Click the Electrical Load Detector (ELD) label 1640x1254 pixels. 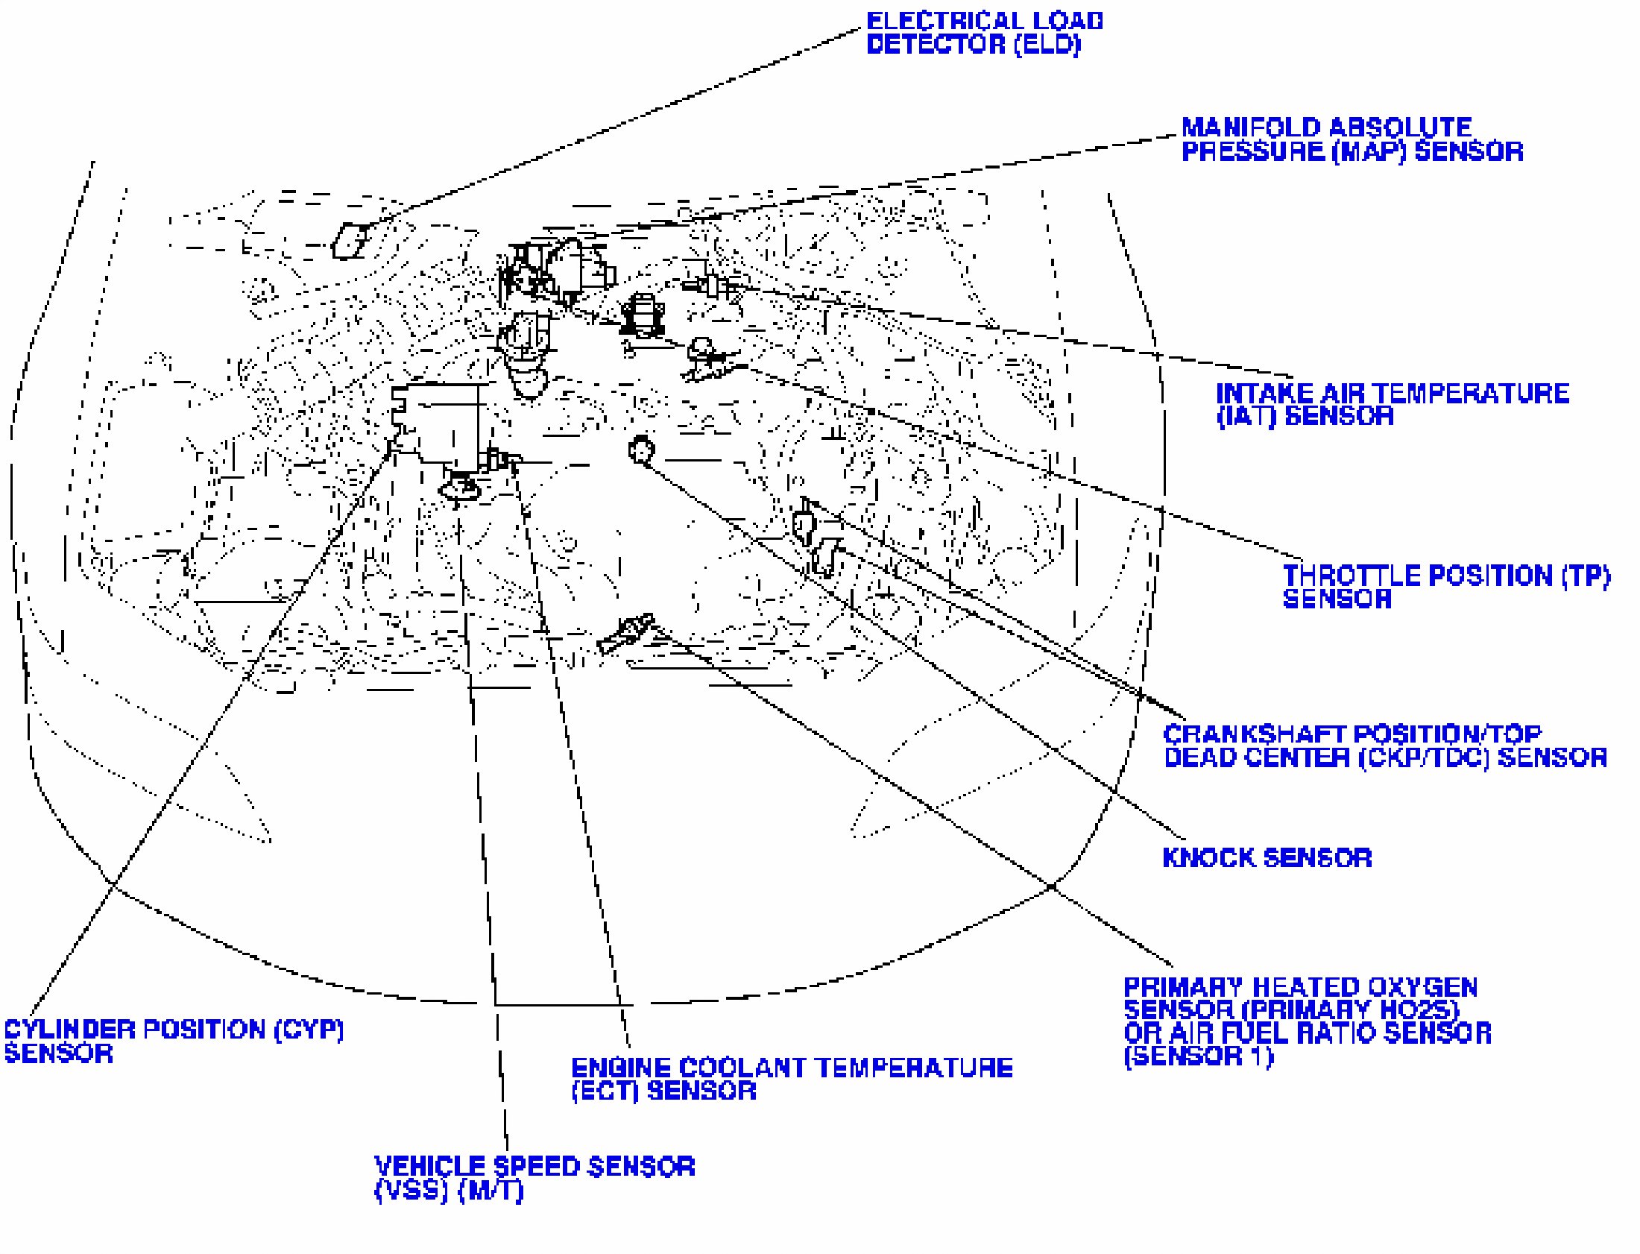(x=983, y=33)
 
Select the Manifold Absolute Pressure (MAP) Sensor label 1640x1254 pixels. (x=1352, y=139)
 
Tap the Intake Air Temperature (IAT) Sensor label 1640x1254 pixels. (x=1392, y=405)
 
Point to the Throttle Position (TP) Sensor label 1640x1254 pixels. (x=1445, y=587)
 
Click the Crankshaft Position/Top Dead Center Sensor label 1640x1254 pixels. (x=1385, y=746)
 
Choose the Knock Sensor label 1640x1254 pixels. (x=1267, y=857)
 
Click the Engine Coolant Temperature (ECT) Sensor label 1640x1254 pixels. (x=792, y=1080)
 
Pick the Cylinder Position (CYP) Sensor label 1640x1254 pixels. (x=174, y=1042)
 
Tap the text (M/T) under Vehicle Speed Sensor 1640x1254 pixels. (x=491, y=1191)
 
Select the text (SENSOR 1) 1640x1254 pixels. (x=1198, y=1056)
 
